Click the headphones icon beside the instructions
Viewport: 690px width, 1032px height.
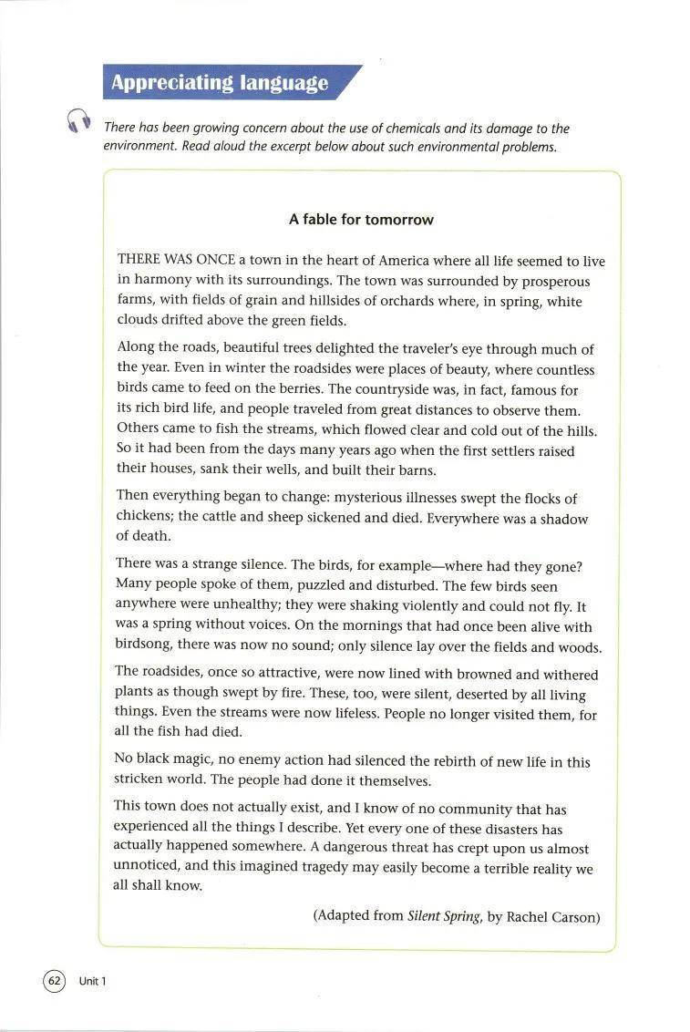point(79,122)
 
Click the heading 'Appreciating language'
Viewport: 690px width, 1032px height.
point(219,83)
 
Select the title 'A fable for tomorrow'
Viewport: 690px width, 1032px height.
point(361,220)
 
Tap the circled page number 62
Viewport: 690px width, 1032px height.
point(54,980)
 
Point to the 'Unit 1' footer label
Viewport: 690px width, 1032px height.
point(93,981)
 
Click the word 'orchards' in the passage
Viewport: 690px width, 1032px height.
point(396,301)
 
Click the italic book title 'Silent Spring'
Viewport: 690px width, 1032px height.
point(444,916)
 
